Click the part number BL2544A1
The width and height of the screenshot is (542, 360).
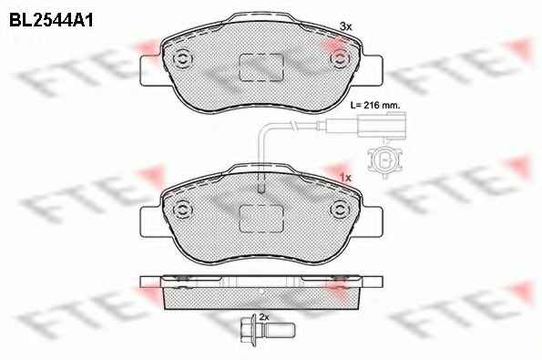point(51,21)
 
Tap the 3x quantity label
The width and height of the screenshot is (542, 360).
point(345,26)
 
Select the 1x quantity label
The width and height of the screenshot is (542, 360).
point(345,178)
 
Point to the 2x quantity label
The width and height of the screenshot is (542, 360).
point(264,317)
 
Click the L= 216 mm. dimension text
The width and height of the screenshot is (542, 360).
point(375,105)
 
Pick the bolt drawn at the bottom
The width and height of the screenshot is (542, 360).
point(267,330)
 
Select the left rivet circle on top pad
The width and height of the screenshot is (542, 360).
point(182,59)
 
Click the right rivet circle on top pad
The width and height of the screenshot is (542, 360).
point(339,59)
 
